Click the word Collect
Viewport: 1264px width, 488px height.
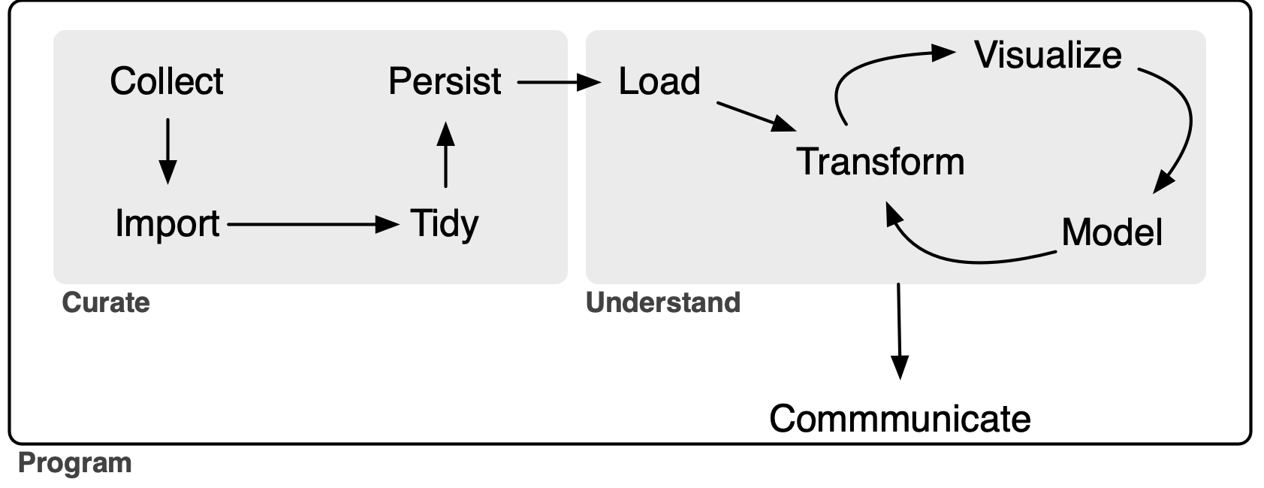[x=166, y=81]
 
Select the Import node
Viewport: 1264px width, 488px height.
[x=167, y=224]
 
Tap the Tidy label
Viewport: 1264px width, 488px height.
[x=444, y=224]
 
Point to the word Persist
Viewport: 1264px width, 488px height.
[x=445, y=81]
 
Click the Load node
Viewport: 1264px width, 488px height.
[x=659, y=81]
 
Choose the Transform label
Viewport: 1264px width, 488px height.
[x=880, y=162]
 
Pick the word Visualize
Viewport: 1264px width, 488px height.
[x=1048, y=55]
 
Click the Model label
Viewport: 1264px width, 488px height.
[x=1112, y=232]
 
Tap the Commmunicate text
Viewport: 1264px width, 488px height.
[x=900, y=419]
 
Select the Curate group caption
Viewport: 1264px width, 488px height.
[x=106, y=302]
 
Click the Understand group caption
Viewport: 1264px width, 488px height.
[x=663, y=302]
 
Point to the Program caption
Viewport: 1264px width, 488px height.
[x=74, y=462]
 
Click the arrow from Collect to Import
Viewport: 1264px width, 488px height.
[x=167, y=150]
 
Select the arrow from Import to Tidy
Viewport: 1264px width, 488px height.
[x=312, y=224]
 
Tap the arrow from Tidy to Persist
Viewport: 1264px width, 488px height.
[x=445, y=155]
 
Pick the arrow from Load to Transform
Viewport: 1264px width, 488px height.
[x=755, y=116]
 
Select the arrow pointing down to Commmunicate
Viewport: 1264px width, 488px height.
[x=899, y=331]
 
